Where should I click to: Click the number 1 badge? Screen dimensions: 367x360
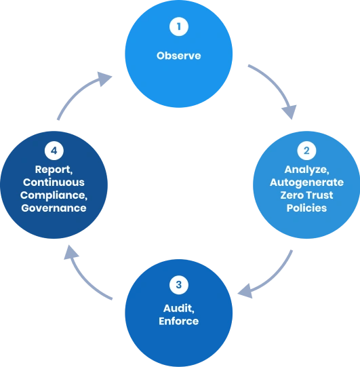[179, 28]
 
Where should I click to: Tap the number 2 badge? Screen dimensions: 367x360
[306, 151]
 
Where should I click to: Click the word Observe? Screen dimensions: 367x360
[179, 56]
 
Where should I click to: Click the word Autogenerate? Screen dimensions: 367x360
[306, 182]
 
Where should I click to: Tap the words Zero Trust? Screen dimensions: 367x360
[306, 195]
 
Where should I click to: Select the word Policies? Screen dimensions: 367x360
[306, 208]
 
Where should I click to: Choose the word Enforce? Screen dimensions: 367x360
[179, 320]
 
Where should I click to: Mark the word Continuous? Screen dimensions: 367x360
[54, 182]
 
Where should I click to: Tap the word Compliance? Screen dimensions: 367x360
[54, 195]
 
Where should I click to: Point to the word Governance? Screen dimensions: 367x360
[54, 208]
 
